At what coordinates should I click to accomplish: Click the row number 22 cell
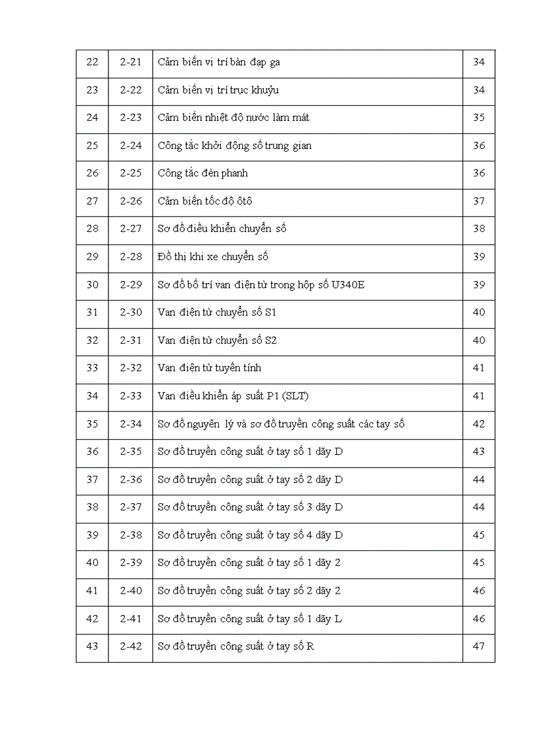coord(92,62)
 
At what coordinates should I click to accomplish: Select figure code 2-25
coord(131,173)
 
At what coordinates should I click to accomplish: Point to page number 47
coord(479,646)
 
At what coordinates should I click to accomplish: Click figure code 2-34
coord(131,424)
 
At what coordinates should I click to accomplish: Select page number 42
coord(479,424)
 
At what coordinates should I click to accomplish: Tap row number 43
coord(92,646)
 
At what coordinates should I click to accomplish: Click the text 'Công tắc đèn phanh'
coord(202,173)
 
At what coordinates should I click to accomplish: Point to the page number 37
coord(479,201)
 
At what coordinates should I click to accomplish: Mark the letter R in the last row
coord(310,646)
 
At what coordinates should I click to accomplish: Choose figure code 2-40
coord(131,590)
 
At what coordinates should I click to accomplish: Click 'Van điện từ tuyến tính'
coord(209,368)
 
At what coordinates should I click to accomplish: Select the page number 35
coord(479,118)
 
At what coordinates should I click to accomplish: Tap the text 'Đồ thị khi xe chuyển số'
coord(213,256)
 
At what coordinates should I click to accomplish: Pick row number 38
coord(92,507)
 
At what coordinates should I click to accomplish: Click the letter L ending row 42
coord(338,618)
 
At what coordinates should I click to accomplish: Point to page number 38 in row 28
coord(479,229)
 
